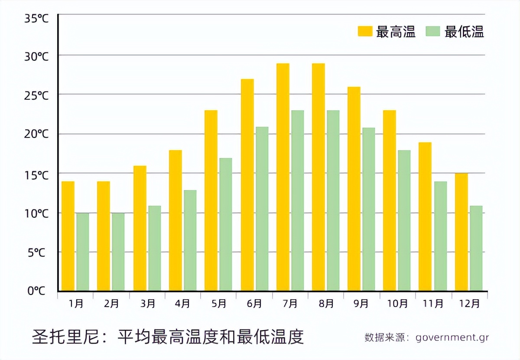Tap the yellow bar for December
(461, 232)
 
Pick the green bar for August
(333, 200)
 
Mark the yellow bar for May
(211, 200)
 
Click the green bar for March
(154, 248)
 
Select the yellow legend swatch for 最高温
(365, 31)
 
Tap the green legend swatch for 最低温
(433, 31)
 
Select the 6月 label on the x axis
(254, 304)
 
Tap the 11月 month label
(433, 304)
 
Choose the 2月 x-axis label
(111, 304)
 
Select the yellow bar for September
(354, 189)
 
